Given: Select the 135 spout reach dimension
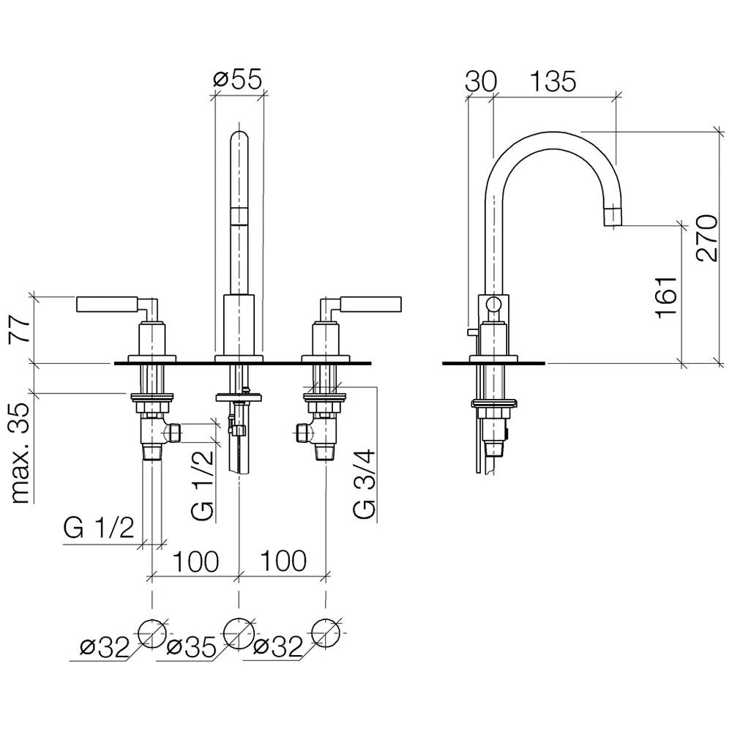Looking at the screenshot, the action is point(553,82).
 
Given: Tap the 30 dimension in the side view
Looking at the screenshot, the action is point(481,82).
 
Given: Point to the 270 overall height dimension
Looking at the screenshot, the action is point(707,238).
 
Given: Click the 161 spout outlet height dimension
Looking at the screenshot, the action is point(666,297).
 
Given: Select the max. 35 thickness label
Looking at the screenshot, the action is point(20,453).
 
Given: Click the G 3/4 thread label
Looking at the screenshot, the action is point(364,483).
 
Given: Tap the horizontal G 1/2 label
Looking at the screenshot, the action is point(99,528).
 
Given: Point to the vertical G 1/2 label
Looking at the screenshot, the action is point(203,485).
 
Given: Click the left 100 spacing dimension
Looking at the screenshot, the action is point(195,561).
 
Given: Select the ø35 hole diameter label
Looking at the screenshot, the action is point(191,647).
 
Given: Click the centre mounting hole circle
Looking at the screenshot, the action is point(239,633).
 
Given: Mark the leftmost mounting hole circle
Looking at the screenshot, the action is point(152,633).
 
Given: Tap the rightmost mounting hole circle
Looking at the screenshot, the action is point(326,633).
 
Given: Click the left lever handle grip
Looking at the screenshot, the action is point(108,304).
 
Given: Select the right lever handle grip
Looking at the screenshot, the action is point(370,304).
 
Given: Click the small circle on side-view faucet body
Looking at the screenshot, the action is point(493,305).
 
